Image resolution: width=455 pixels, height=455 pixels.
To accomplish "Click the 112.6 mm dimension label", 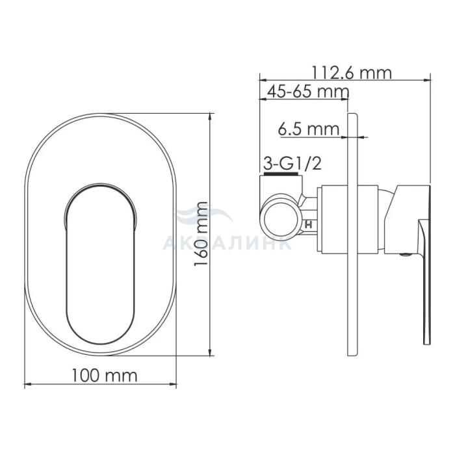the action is coord(352,73).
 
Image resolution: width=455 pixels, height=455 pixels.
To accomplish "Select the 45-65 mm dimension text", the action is coord(308,92).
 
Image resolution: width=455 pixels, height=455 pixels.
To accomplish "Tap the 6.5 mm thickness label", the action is coord(309,129).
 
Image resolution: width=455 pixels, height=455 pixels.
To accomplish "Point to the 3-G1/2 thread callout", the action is coord(292,164).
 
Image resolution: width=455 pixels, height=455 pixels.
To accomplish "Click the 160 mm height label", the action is coord(201,234).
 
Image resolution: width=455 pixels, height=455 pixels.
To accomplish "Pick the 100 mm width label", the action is coord(105,376).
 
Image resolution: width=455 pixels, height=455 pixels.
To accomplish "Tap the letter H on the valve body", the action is coord(309,224).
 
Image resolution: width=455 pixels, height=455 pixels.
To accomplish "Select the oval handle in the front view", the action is coord(100,264).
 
